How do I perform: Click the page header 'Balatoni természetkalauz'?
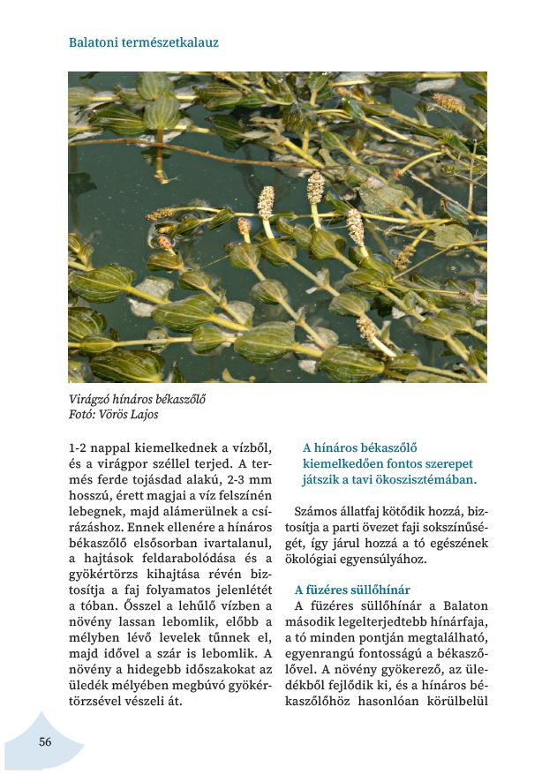143,41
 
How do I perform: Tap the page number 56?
45,741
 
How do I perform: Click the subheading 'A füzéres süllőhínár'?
352,590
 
